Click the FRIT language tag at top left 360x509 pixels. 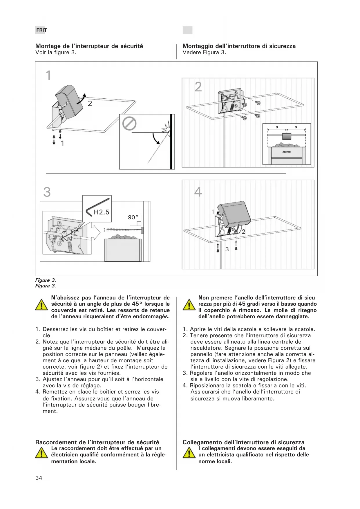click(41, 30)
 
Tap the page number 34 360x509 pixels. click(39, 478)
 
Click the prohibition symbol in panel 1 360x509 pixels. click(129, 124)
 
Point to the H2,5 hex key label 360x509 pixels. click(102, 212)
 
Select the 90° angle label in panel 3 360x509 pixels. click(133, 217)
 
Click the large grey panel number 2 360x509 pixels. click(198, 87)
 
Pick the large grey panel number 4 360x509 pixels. click(198, 192)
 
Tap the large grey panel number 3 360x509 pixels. click(47, 192)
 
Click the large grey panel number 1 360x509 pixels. click(48, 75)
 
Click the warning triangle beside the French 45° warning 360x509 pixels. click(41, 305)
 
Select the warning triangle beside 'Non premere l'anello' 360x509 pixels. click(189, 305)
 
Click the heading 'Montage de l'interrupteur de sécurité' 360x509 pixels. click(89, 46)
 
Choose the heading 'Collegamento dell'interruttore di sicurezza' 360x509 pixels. click(243, 442)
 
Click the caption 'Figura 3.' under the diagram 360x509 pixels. click(46, 286)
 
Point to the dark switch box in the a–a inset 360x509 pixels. click(286, 136)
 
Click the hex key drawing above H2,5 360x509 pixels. click(98, 206)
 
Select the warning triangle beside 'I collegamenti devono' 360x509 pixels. click(189, 453)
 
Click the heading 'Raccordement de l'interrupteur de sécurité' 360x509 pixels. click(97, 442)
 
